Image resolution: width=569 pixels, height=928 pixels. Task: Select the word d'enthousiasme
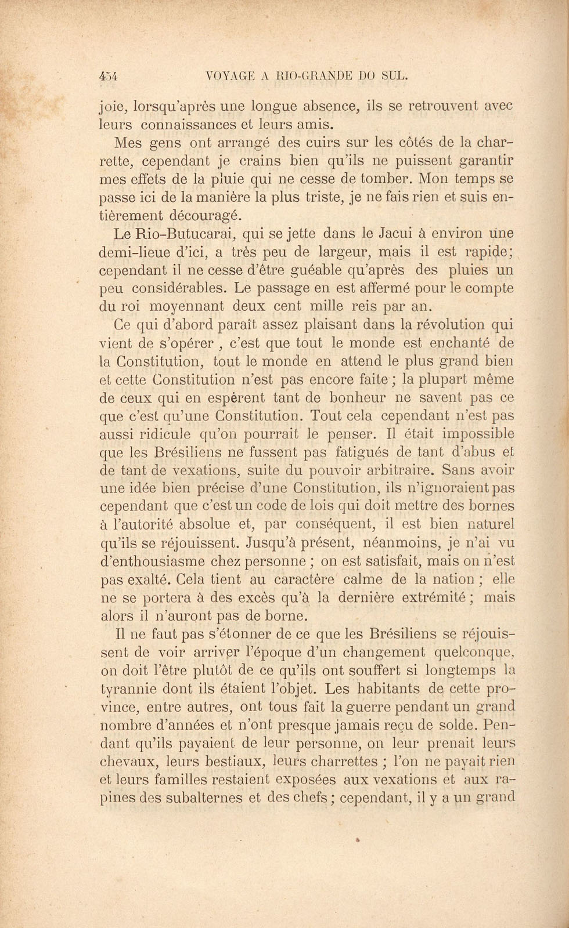click(x=149, y=561)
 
